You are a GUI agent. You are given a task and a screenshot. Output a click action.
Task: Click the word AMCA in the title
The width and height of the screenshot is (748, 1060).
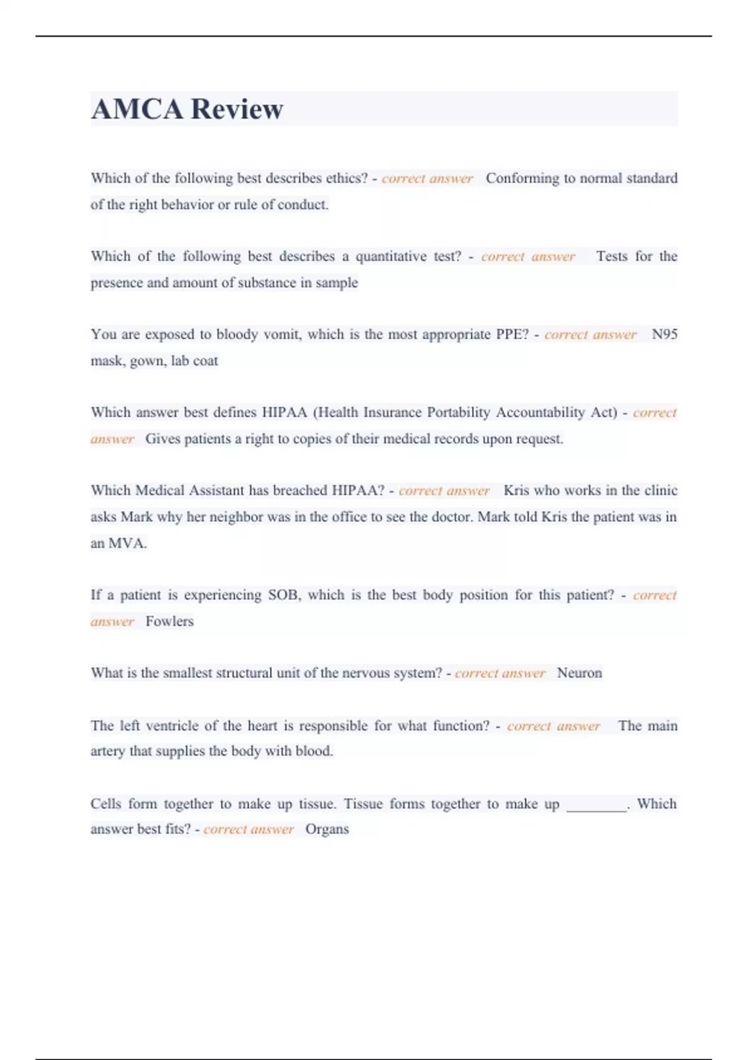pyautogui.click(x=137, y=109)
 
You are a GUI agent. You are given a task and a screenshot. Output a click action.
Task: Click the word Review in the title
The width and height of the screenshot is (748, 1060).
pyautogui.click(x=237, y=109)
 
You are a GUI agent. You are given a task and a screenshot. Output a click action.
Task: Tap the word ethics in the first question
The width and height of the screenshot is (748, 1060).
pyautogui.click(x=346, y=178)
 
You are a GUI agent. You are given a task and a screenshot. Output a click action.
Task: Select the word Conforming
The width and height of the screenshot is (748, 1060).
pyautogui.click(x=522, y=178)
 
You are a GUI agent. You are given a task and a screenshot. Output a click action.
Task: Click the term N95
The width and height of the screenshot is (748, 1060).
pyautogui.click(x=664, y=334)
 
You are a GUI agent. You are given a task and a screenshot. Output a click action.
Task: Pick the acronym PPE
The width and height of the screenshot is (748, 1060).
pyautogui.click(x=511, y=334)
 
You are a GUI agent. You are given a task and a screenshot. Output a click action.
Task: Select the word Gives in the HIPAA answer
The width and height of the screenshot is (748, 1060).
pyautogui.click(x=159, y=439)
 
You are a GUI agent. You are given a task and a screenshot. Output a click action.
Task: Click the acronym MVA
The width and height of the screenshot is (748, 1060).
pyautogui.click(x=127, y=543)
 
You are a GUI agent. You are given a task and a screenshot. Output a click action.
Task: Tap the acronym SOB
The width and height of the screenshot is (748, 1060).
pyautogui.click(x=284, y=595)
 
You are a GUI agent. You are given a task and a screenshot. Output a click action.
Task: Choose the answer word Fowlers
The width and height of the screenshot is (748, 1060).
pyautogui.click(x=170, y=622)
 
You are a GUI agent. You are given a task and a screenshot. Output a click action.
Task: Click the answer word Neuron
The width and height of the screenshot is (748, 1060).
pyautogui.click(x=579, y=673)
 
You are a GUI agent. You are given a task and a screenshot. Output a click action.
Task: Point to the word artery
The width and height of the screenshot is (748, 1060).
pyautogui.click(x=108, y=751)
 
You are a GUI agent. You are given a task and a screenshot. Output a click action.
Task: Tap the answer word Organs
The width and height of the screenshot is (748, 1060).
pyautogui.click(x=327, y=829)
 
